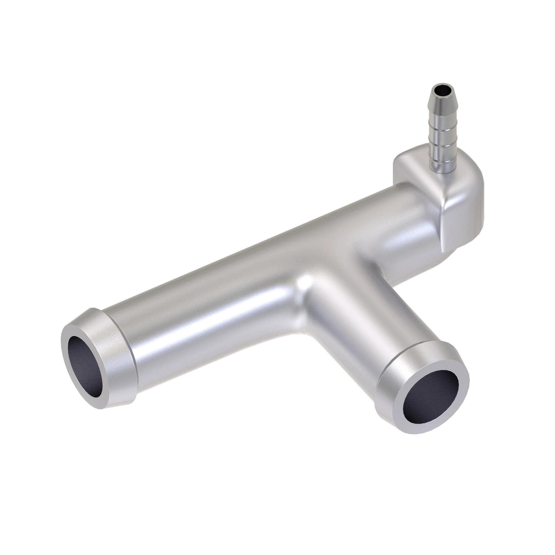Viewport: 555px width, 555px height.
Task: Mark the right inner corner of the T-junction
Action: (x=370, y=264)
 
